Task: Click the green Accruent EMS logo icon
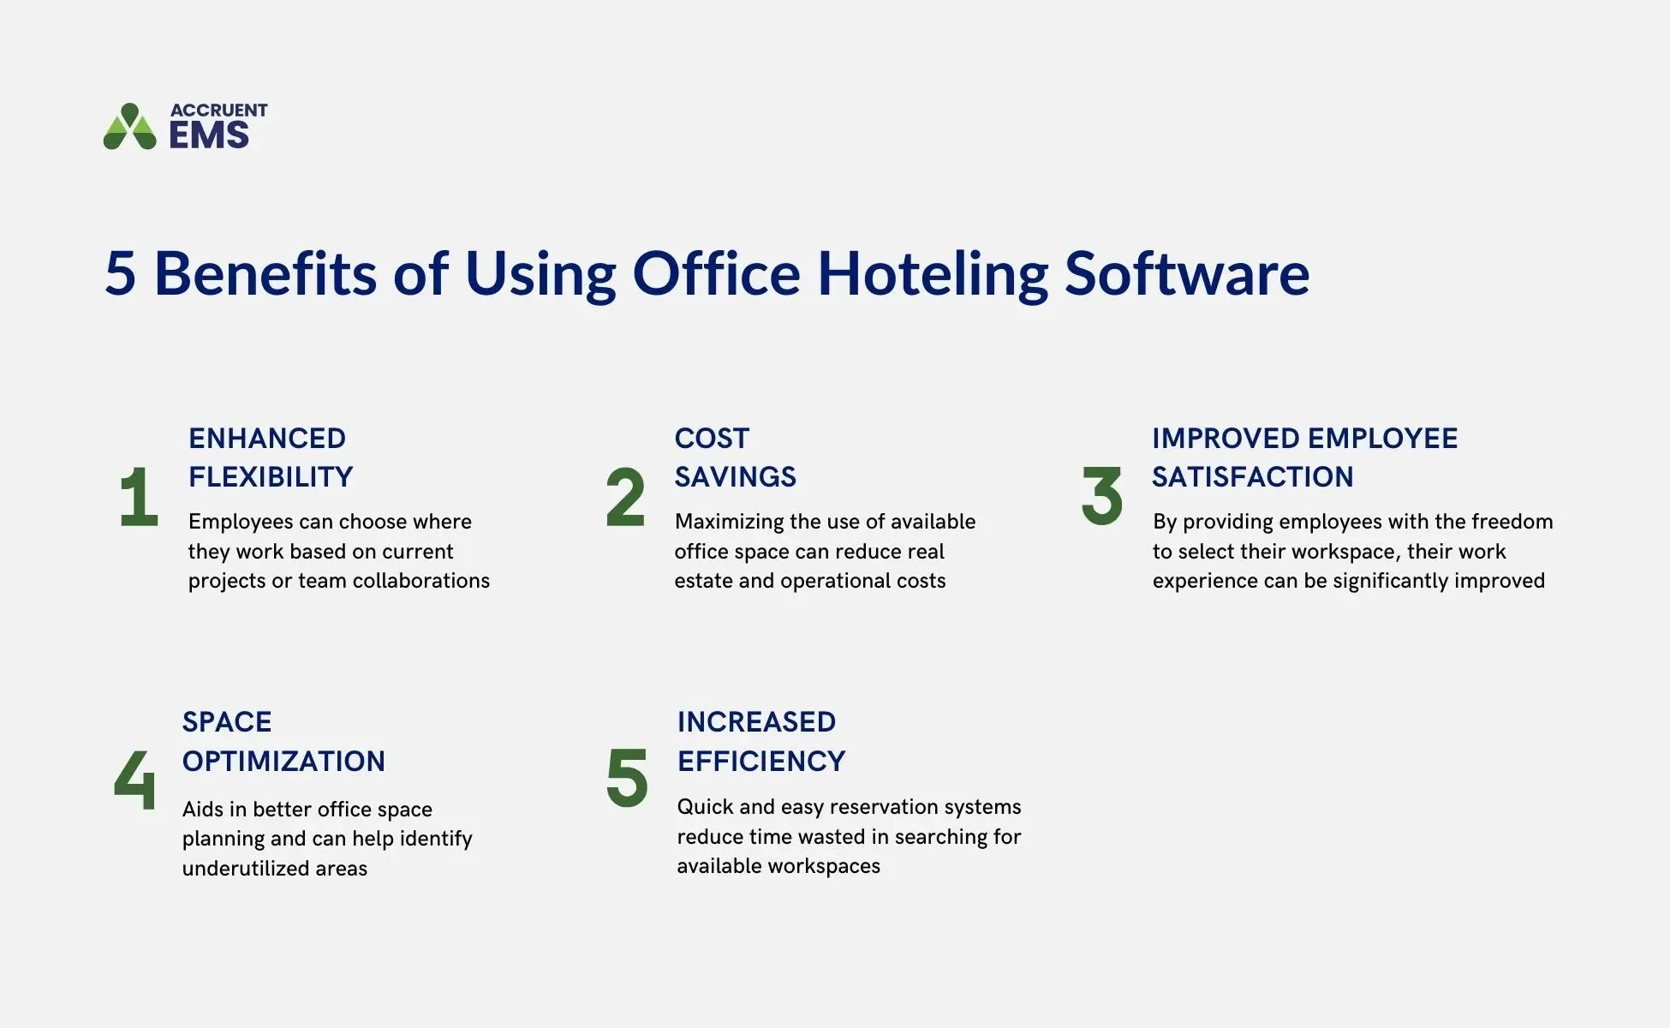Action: click(130, 128)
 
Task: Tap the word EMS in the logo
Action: click(209, 135)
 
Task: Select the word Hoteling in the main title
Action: click(932, 274)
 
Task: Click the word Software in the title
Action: click(1186, 274)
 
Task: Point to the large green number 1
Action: click(139, 497)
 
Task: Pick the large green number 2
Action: click(625, 497)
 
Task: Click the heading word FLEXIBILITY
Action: click(271, 477)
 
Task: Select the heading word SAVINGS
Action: click(735, 477)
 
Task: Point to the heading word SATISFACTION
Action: click(1252, 477)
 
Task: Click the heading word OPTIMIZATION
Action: click(283, 761)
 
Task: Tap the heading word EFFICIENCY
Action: click(761, 761)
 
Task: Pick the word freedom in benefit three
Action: click(1511, 522)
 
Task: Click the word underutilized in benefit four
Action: click(245, 869)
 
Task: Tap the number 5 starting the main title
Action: click(121, 274)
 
